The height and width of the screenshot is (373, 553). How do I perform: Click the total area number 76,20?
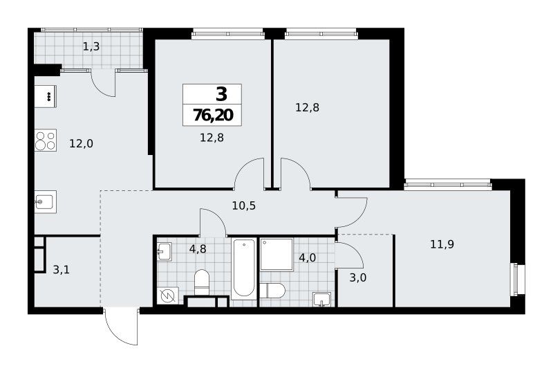tap(213, 115)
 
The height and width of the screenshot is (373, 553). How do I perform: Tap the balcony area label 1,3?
tap(91, 46)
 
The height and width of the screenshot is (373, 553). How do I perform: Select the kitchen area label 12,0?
tap(81, 144)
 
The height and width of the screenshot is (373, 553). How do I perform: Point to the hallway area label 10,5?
tap(244, 206)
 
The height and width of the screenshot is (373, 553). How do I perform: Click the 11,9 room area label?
tap(442, 244)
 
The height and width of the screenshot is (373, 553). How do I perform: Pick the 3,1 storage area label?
tap(61, 270)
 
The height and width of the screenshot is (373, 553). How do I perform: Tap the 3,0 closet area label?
tap(357, 278)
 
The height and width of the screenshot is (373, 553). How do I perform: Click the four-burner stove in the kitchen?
tap(46, 140)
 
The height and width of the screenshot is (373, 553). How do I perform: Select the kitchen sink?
tap(46, 201)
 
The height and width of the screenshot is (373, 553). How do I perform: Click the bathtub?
tap(244, 268)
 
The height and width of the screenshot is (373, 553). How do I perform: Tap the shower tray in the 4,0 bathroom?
tap(276, 255)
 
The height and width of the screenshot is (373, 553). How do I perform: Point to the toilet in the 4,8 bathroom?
tap(202, 282)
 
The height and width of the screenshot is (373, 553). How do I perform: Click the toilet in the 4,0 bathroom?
tap(272, 291)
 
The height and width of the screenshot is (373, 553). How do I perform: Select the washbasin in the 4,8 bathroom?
tap(165, 251)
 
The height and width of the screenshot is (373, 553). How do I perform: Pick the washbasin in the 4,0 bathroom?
tap(321, 299)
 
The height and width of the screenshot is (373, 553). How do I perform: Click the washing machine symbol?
tap(167, 296)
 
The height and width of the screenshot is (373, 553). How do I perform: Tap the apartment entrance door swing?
tap(120, 327)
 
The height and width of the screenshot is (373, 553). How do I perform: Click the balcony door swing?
tap(103, 83)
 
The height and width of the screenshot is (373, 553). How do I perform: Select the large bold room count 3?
tap(221, 94)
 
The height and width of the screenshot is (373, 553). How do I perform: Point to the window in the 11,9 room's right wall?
tap(517, 280)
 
